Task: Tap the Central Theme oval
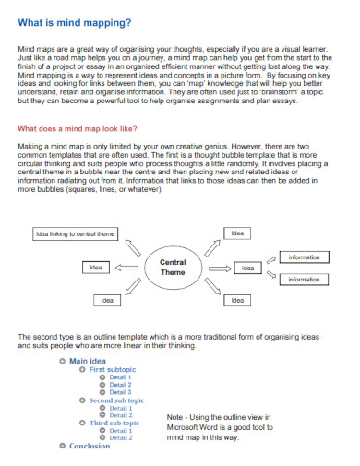tap(173, 268)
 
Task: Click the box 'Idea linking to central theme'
tap(75, 234)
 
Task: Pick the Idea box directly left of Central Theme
tap(94, 268)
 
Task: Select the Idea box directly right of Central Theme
tap(247, 268)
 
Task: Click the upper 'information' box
tap(304, 257)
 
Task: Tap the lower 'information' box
tap(304, 279)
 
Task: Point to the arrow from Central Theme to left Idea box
tap(128, 268)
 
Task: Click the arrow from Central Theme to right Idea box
tap(218, 268)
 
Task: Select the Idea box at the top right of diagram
tap(237, 234)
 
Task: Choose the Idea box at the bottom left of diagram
tap(107, 300)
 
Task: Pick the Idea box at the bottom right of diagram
tap(237, 300)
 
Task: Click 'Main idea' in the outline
tap(88, 360)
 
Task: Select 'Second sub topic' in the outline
tap(116, 400)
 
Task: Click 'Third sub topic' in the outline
tap(114, 423)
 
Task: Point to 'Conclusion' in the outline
tap(90, 446)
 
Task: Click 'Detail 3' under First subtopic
tap(120, 392)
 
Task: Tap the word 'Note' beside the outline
tap(176, 417)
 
